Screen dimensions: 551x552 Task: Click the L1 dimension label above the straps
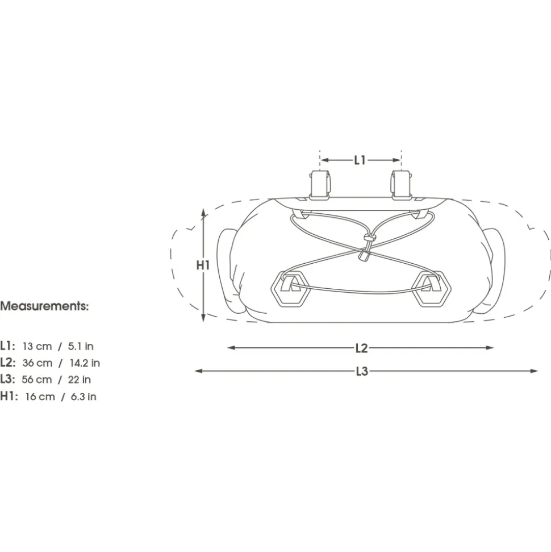click(x=360, y=160)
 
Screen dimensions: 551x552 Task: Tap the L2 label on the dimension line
click(x=361, y=348)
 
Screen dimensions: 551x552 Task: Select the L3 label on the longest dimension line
click(x=362, y=371)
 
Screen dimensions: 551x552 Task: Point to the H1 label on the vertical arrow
click(x=203, y=265)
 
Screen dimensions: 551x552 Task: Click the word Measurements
click(x=44, y=306)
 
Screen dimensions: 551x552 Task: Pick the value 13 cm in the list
click(x=37, y=346)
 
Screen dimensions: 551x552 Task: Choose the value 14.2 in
click(x=85, y=363)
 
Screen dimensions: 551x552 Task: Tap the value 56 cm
click(x=36, y=380)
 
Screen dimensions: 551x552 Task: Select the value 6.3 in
click(x=84, y=397)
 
